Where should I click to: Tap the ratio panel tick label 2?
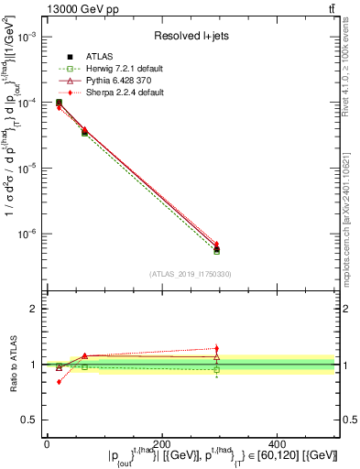pos(34,310)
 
